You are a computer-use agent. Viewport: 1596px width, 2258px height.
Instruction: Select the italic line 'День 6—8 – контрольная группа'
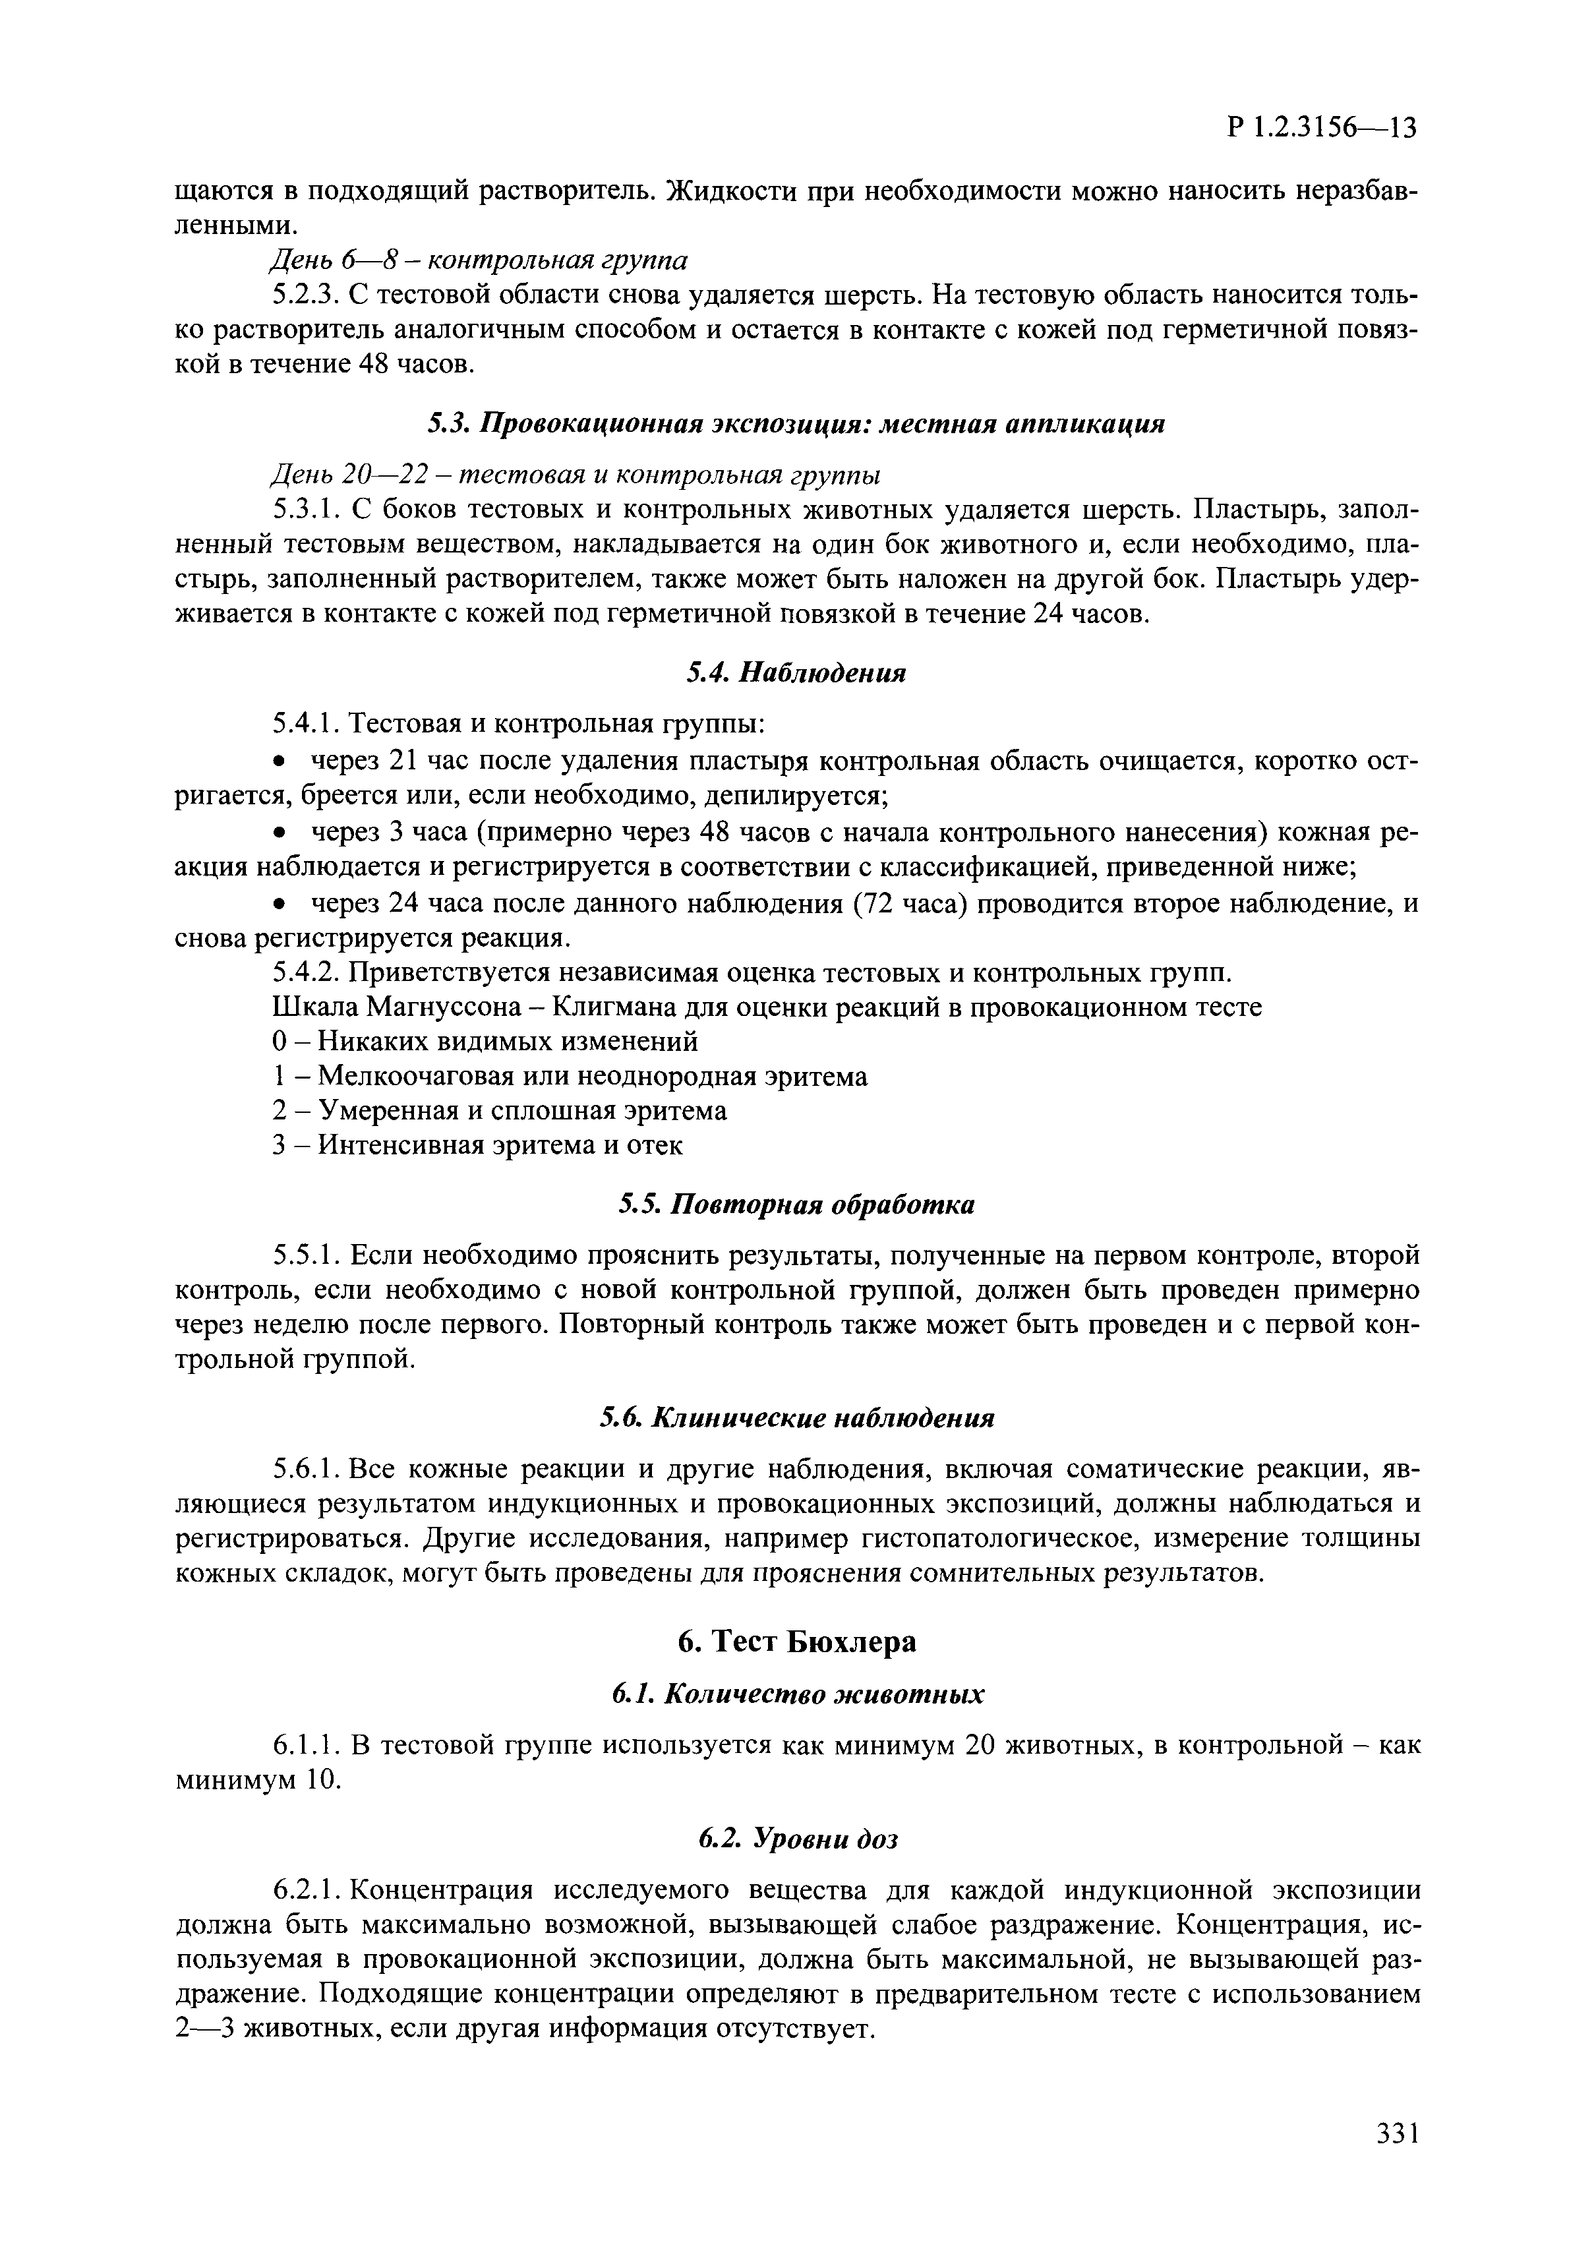click(x=479, y=260)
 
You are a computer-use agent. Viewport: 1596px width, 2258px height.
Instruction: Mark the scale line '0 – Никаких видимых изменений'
click(x=485, y=1040)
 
